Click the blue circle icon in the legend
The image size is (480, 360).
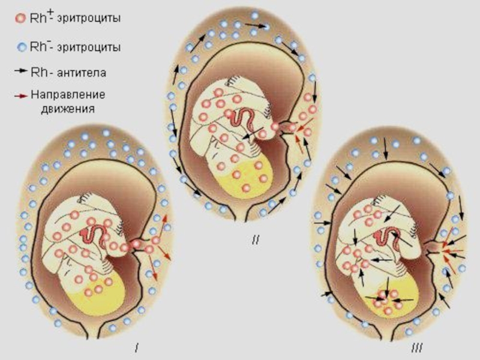[20, 46]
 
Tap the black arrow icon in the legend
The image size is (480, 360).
[20, 71]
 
